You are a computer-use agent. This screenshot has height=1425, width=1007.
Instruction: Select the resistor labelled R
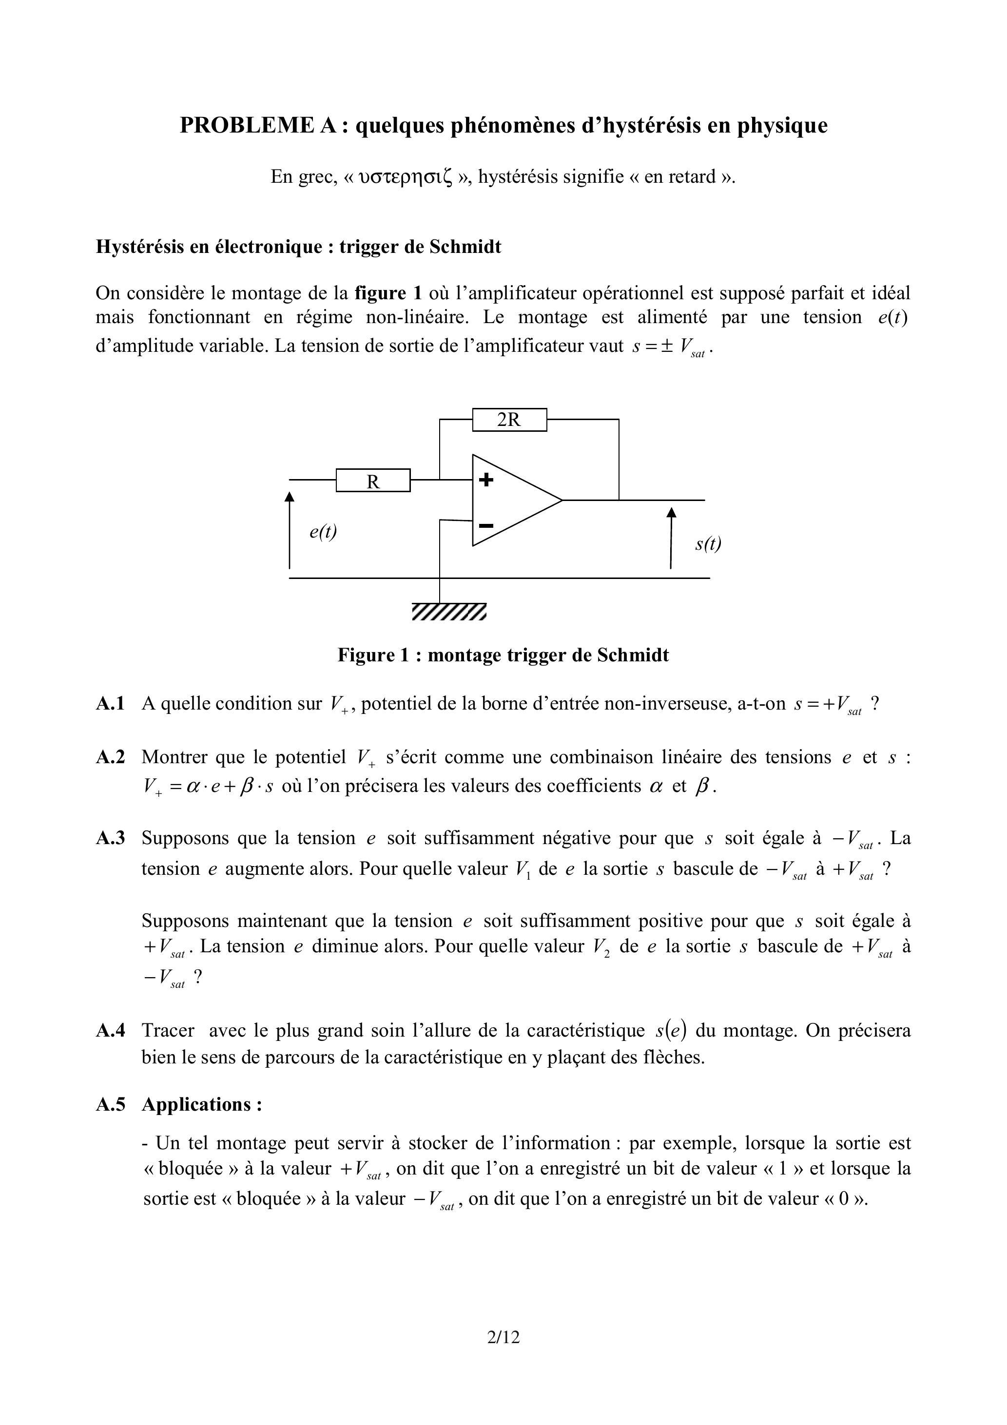click(373, 481)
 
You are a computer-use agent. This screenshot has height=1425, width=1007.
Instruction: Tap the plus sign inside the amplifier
click(487, 480)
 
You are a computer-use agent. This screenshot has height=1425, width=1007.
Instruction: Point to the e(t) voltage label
click(323, 531)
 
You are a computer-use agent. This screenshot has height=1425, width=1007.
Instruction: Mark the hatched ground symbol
click(449, 611)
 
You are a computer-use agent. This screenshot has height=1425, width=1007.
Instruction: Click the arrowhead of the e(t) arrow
click(290, 496)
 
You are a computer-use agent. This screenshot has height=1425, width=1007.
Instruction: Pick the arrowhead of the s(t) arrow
click(671, 512)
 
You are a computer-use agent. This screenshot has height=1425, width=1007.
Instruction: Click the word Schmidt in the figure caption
click(633, 655)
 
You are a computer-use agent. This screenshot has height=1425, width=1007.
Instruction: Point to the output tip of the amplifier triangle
click(562, 500)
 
